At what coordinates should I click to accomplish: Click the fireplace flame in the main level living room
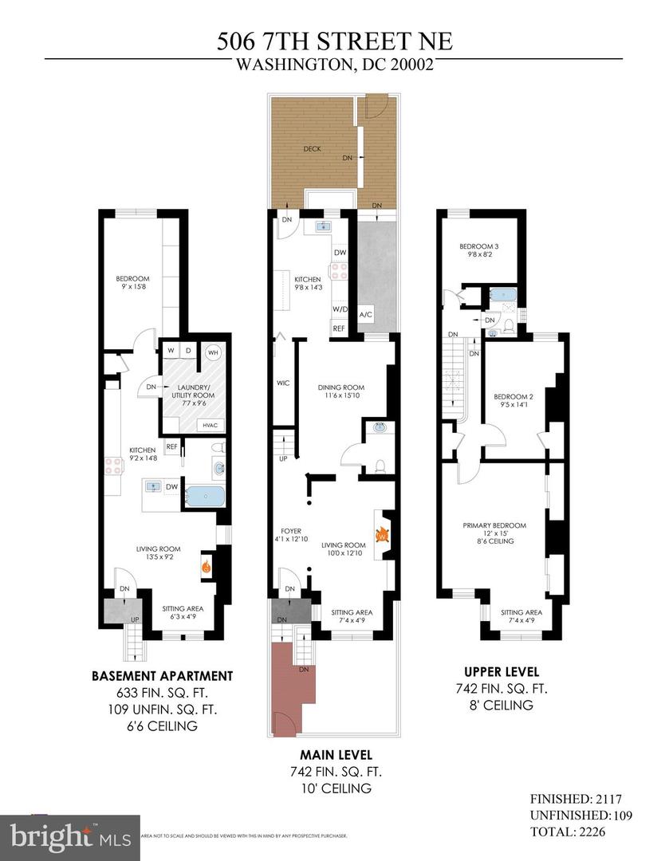[x=381, y=535]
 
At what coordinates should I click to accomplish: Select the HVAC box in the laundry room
[x=211, y=425]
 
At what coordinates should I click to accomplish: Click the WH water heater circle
[x=213, y=352]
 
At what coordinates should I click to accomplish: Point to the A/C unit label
[x=366, y=314]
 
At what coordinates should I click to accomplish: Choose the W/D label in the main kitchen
[x=339, y=309]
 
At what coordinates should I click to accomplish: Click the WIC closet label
[x=282, y=383]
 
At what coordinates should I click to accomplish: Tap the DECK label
[x=313, y=148]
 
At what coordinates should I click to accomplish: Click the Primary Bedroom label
[x=494, y=525]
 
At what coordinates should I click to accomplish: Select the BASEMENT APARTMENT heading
[x=162, y=676]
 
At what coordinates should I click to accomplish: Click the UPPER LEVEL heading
[x=502, y=671]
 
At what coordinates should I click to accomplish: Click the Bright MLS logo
[x=70, y=837]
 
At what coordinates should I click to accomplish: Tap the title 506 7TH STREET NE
[x=333, y=41]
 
